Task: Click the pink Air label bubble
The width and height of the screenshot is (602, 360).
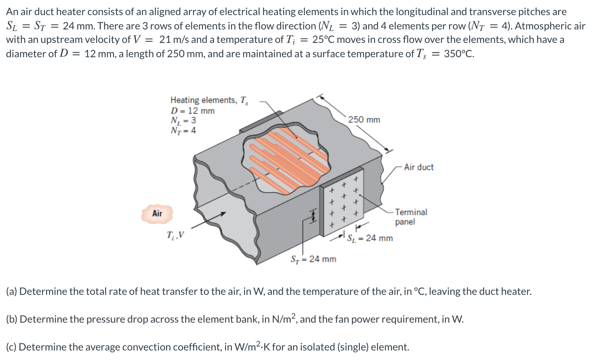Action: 157,213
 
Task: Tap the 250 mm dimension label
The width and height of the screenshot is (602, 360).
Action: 364,120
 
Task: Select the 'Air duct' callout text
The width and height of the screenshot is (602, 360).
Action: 419,167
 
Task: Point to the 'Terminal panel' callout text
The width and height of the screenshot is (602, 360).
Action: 411,217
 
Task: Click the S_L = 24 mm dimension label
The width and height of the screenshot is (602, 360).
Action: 369,238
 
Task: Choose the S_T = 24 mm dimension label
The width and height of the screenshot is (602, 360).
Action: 313,259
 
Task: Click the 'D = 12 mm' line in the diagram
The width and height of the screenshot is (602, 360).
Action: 192,111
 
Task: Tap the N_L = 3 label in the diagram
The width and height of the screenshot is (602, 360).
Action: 183,120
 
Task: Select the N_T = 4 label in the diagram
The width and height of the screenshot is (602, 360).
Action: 183,130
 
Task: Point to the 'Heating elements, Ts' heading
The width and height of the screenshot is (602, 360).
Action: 209,100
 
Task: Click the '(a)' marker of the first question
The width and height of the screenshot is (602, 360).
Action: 12,291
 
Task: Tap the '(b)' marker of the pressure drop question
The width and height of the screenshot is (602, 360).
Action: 12,319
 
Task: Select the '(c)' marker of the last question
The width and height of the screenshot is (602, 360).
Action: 12,347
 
